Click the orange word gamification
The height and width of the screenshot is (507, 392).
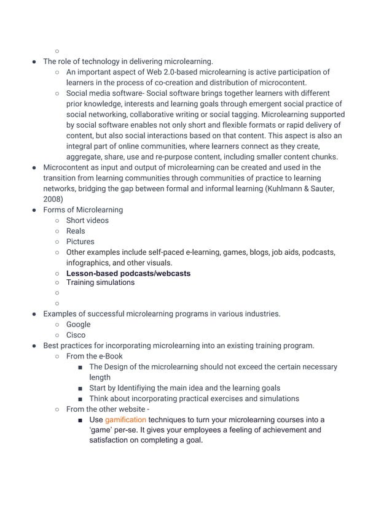coord(125,420)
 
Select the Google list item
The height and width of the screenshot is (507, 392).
coord(78,324)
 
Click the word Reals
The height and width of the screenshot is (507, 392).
coord(76,231)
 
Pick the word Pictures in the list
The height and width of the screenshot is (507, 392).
coord(80,241)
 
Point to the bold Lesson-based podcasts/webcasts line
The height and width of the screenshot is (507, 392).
coord(128,273)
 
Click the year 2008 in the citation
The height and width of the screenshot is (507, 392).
coord(52,199)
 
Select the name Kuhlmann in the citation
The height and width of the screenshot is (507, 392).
coord(284,188)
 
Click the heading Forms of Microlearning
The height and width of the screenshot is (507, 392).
coord(82,209)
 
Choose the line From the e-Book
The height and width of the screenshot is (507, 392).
coord(94,356)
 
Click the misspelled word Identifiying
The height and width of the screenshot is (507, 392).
coord(148,388)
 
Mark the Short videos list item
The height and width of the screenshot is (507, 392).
coord(87,220)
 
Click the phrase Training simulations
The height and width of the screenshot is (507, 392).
coord(100,282)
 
